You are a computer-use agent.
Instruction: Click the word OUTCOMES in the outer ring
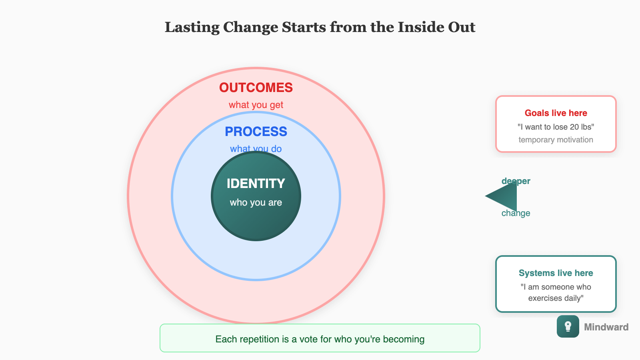[x=256, y=88]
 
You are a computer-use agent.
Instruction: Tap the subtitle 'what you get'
[x=256, y=105]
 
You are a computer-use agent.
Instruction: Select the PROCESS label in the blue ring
[x=256, y=132]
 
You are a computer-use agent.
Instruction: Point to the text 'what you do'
[x=256, y=148]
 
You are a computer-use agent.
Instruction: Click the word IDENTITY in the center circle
[x=256, y=184]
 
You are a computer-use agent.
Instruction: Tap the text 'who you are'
[x=256, y=202]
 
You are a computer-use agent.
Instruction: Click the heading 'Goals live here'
[x=556, y=113]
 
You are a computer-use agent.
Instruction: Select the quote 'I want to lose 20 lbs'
[x=556, y=127]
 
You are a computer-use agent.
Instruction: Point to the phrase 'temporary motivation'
[x=556, y=140]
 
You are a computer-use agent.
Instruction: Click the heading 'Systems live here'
[x=556, y=273]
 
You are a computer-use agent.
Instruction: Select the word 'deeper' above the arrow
[x=516, y=181]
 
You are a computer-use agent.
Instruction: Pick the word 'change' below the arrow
[x=516, y=213]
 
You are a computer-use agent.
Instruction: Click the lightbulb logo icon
[x=568, y=326]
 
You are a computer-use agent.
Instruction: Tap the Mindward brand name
[x=606, y=327]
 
